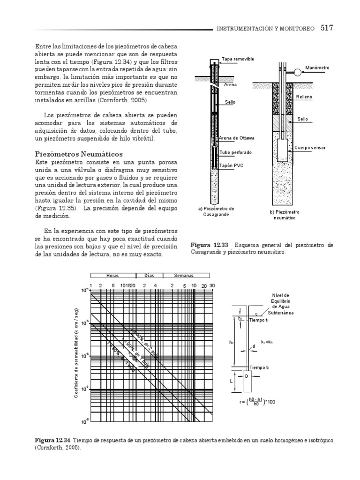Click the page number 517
327,28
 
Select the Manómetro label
317,67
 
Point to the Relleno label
304,97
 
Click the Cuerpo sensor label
310,148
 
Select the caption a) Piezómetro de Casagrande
216,211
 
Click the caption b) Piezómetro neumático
285,215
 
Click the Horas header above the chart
112,276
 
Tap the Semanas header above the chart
184,276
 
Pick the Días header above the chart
149,276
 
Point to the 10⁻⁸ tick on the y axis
84,421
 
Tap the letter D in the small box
247,375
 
